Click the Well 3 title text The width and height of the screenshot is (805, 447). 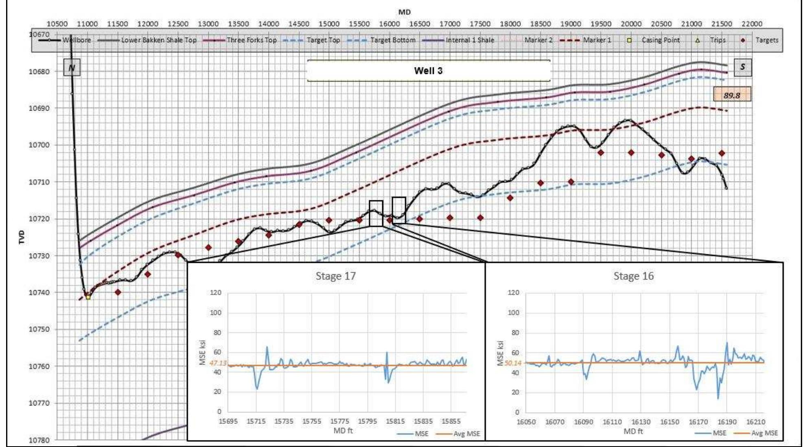tap(428, 71)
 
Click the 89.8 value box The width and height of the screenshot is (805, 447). tap(732, 95)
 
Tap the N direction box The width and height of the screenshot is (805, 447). tap(72, 67)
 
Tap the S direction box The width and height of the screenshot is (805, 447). tap(743, 67)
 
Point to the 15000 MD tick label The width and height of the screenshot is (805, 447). tap(329, 24)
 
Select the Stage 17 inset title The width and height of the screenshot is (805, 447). tap(336, 276)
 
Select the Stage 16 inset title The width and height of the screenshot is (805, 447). tap(633, 276)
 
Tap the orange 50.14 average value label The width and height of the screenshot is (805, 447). tap(513, 363)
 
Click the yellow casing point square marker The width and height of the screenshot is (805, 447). tap(88, 297)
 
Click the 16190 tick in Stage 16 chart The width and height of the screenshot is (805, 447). tap(727, 422)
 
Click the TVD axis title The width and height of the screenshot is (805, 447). tap(22, 237)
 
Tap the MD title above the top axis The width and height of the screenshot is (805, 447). tap(405, 12)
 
